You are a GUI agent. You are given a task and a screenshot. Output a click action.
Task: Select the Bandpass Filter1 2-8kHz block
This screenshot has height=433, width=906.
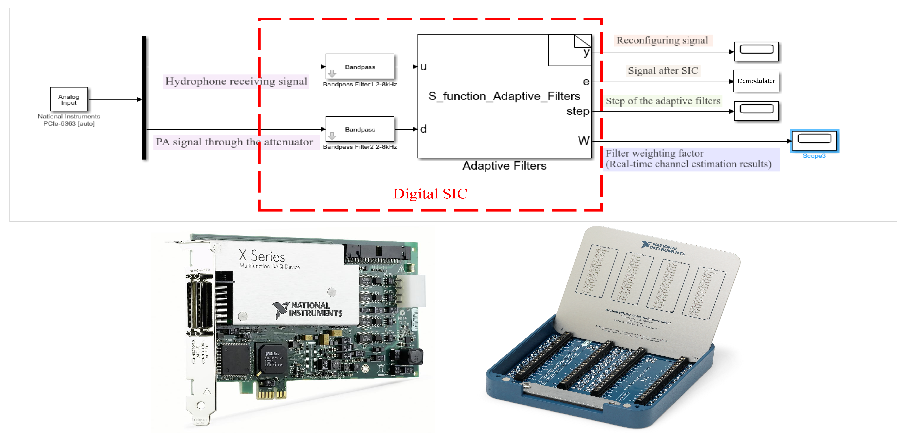click(360, 66)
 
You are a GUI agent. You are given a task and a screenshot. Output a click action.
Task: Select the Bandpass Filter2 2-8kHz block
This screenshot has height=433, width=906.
click(360, 129)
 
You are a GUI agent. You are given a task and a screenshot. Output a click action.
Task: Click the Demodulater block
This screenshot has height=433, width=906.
click(756, 81)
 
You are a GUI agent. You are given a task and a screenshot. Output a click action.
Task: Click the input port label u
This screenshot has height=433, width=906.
click(424, 67)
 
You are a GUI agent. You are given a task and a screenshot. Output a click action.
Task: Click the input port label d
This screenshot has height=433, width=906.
click(424, 129)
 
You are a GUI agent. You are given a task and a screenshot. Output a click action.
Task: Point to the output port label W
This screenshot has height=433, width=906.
click(584, 140)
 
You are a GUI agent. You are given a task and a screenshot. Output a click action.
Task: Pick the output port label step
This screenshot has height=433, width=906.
click(577, 111)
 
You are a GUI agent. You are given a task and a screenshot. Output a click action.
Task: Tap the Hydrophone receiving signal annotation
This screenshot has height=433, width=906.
click(236, 81)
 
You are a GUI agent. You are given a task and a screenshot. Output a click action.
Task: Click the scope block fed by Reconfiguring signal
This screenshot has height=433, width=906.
click(756, 51)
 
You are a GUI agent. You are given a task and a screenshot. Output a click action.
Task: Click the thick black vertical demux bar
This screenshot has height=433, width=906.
click(144, 97)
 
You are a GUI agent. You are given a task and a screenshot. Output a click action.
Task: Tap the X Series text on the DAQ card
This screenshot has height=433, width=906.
click(262, 256)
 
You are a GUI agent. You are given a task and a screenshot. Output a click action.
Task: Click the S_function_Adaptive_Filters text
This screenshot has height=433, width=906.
click(504, 96)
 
